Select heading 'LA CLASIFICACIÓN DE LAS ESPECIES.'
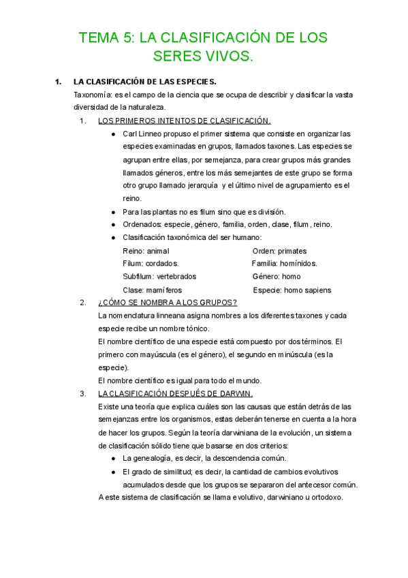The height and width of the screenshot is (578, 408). click(144, 82)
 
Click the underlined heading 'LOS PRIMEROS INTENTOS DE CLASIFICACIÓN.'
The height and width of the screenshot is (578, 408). click(184, 121)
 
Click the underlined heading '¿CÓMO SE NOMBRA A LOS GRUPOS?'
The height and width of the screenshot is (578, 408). click(168, 303)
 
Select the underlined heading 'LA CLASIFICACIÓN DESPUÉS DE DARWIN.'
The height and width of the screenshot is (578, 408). click(175, 393)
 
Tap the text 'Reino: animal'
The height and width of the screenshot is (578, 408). click(145, 251)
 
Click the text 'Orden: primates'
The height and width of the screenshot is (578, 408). click(279, 251)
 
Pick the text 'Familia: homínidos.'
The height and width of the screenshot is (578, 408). click(284, 264)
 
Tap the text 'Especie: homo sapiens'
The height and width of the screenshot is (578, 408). click(292, 290)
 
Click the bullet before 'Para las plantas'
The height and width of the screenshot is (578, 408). click(112, 212)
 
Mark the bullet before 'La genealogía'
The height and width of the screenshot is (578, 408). click(112, 458)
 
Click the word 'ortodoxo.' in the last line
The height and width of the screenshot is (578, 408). click(326, 497)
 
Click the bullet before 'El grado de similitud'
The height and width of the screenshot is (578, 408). click(112, 471)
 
